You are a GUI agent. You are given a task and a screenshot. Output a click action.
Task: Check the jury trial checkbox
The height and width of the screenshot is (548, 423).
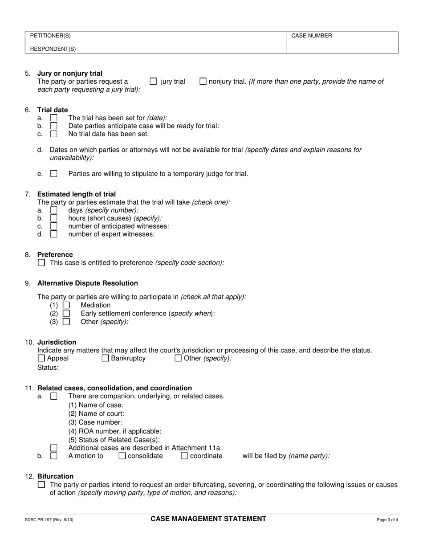[153, 82]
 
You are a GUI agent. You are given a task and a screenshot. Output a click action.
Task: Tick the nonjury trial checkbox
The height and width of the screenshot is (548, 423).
[203, 82]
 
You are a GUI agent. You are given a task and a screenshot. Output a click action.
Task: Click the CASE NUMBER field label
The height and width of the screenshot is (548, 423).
[312, 36]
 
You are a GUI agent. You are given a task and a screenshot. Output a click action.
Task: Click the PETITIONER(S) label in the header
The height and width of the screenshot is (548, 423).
[50, 36]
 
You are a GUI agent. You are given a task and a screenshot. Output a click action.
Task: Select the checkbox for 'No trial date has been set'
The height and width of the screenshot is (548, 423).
[54, 134]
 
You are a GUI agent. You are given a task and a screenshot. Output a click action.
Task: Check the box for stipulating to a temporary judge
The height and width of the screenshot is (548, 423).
[54, 174]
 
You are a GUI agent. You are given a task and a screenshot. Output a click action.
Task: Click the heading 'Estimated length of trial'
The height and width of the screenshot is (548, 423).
[77, 194]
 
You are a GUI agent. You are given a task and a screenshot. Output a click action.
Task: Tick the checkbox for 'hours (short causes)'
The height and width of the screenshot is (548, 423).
[54, 218]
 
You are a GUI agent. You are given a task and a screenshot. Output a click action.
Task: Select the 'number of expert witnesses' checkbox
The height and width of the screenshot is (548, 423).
[54, 234]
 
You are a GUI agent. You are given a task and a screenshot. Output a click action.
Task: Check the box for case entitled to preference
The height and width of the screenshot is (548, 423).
[41, 263]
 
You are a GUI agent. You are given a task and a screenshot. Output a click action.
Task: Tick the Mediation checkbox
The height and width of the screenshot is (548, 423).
[66, 305]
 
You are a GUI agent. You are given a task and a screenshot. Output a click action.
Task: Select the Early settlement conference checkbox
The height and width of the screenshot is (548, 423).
[66, 313]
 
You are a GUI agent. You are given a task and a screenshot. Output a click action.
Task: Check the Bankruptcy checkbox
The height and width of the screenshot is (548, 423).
[106, 358]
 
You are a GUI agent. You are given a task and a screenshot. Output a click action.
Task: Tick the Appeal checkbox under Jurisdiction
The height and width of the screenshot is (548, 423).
[41, 358]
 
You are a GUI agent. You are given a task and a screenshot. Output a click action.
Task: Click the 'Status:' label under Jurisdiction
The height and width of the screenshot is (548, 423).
[48, 368]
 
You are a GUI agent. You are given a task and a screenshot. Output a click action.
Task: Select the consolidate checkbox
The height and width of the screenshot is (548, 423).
[122, 456]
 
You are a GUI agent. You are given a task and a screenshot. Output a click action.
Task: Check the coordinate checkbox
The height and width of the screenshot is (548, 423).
[184, 456]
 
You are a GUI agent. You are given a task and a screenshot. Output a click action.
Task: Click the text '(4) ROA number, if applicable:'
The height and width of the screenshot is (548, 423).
[115, 431]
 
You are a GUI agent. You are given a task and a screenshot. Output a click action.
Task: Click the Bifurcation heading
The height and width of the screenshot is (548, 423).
[56, 476]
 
